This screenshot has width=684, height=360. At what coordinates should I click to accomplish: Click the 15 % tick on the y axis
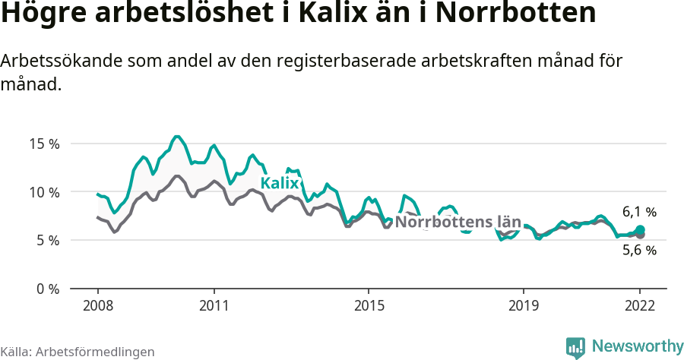point(44,144)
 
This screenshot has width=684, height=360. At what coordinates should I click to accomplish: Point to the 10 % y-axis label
point(44,192)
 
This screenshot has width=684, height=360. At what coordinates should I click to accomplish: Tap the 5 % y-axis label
point(47,241)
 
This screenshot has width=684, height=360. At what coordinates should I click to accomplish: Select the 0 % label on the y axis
point(47,289)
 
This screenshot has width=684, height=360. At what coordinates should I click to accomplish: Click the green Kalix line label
point(280,183)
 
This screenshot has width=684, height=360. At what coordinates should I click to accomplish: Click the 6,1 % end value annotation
point(639,212)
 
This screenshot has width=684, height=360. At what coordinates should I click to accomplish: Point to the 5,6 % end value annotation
point(639,250)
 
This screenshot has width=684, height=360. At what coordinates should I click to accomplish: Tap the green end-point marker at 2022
point(640,229)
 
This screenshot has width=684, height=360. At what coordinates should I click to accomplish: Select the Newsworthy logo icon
point(575,347)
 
